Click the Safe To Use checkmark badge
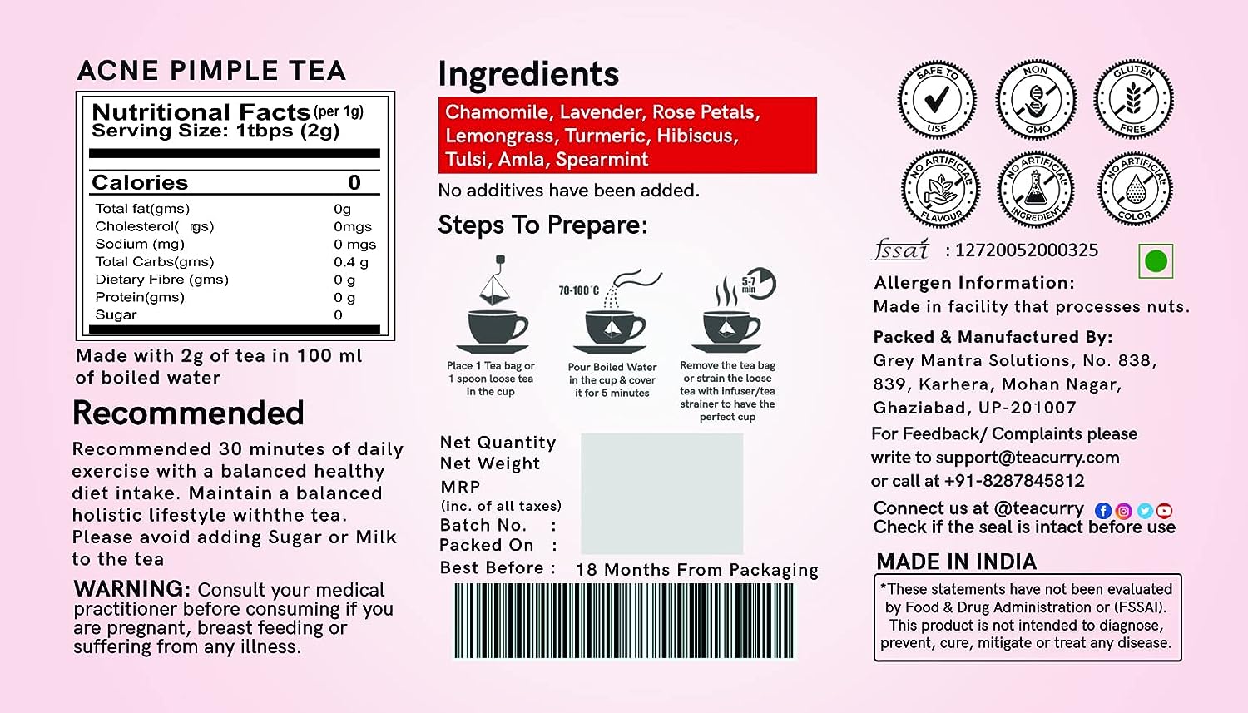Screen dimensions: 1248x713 click(937, 100)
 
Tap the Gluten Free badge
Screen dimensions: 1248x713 click(1133, 100)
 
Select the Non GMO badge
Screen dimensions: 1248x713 click(1036, 100)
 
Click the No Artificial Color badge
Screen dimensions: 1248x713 click(1135, 189)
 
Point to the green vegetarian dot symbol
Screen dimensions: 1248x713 click(1156, 261)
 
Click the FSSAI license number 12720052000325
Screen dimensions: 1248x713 click(1026, 250)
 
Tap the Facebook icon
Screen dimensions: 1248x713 click(1103, 511)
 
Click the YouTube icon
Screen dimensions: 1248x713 click(1164, 511)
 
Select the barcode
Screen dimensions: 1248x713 click(624, 621)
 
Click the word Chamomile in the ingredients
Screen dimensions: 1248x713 click(497, 112)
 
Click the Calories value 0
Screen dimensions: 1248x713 click(354, 182)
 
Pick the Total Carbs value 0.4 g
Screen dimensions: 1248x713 click(351, 262)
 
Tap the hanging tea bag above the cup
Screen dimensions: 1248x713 click(494, 280)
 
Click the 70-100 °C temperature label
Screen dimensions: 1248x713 click(579, 290)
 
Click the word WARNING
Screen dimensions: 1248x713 click(132, 589)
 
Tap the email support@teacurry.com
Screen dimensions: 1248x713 click(1028, 458)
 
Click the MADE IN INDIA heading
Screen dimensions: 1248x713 click(956, 562)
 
